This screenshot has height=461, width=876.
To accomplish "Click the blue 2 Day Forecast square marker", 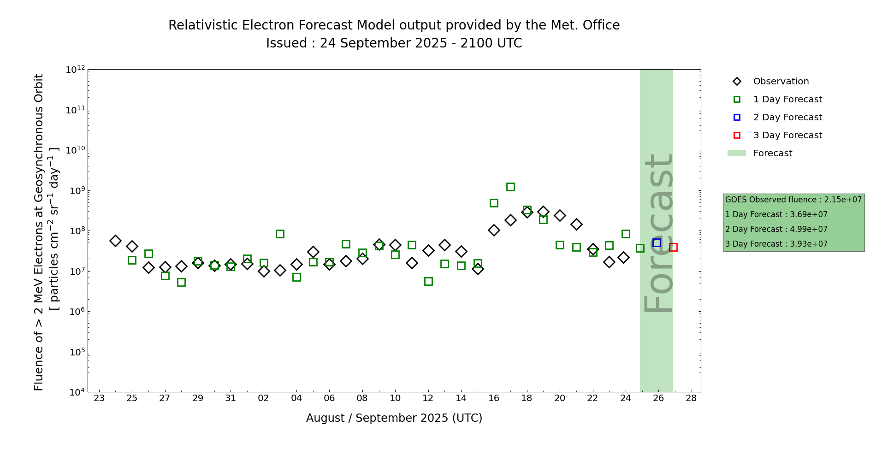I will (657, 243).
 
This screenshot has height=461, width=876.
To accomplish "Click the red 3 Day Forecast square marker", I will (673, 248).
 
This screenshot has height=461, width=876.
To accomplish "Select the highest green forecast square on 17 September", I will (510, 187).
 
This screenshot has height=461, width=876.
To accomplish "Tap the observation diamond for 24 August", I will (116, 241).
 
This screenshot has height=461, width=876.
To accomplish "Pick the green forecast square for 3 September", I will (280, 234).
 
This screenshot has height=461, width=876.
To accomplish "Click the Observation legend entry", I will (781, 82).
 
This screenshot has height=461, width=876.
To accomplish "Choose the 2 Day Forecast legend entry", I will (787, 118).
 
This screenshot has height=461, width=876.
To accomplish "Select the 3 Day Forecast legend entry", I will (787, 136).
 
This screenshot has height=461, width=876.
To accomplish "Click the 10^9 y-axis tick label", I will (76, 191).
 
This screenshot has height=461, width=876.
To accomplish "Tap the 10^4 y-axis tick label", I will (76, 392).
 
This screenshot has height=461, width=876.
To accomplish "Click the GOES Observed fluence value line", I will (793, 200).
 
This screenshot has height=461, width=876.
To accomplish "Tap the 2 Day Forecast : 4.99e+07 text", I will (776, 230).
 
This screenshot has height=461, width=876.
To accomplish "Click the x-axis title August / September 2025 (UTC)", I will (394, 418).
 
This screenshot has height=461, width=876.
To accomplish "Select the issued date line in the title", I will (394, 43).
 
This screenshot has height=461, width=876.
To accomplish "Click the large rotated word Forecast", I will (658, 233).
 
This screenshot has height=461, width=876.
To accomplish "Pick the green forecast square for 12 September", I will (428, 282).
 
